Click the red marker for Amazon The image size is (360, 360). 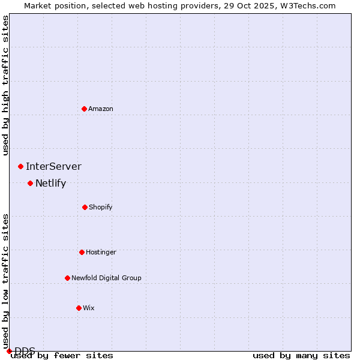click(84, 109)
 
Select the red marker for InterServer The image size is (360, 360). click(20, 166)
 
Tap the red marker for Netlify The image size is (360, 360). click(30, 183)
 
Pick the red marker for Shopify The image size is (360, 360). click(85, 207)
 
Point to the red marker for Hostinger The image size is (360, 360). click(82, 252)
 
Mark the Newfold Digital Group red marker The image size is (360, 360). click(67, 278)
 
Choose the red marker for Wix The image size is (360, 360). click(79, 308)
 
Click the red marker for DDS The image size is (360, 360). click(9, 351)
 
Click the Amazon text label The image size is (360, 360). click(101, 109)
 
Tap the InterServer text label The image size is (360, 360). click(53, 166)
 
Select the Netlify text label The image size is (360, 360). click(50, 183)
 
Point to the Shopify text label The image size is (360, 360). click(101, 207)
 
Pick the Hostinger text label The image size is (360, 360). click(101, 252)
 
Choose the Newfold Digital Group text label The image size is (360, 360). click(106, 278)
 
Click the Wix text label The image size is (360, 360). click(89, 308)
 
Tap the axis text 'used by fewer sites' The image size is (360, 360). click(62, 356)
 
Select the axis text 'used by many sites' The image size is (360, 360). click(301, 356)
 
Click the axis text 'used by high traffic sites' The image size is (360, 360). click(5, 85)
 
